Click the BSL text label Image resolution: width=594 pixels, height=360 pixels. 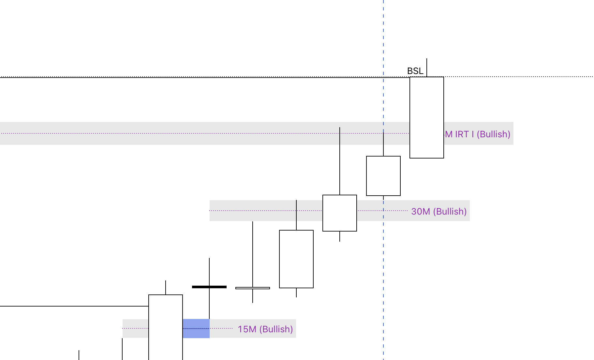click(415, 71)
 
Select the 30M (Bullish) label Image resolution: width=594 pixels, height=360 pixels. click(439, 212)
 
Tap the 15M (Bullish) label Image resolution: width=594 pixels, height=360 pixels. click(265, 329)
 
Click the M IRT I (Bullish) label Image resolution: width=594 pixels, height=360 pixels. click(478, 134)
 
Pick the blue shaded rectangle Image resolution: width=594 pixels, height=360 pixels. click(196, 328)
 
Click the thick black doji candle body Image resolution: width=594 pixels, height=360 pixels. click(209, 287)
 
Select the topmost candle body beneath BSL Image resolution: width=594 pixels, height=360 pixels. click(426, 117)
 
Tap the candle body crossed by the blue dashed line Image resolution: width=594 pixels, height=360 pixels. click(383, 176)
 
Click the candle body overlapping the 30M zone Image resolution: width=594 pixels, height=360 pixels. click(340, 213)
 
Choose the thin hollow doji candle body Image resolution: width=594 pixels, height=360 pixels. click(253, 288)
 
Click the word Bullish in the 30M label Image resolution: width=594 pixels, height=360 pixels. click(451, 212)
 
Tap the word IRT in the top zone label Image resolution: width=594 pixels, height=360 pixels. click(462, 134)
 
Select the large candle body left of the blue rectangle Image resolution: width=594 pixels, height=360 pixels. click(166, 326)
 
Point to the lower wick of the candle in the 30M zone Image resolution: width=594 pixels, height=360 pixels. click(340, 236)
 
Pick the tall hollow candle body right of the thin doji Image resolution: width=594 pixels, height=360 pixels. click(296, 259)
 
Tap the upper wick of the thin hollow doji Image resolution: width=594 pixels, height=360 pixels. click(253, 254)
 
